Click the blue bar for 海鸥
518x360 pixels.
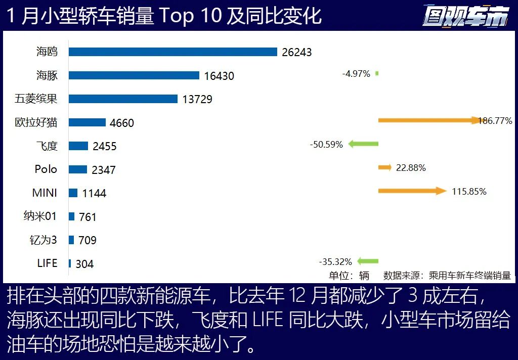(173, 52)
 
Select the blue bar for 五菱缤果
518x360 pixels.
(123, 99)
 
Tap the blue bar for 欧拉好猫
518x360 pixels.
(87, 122)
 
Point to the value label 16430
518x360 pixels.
(219, 76)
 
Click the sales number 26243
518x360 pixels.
(297, 52)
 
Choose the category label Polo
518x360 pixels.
(46, 169)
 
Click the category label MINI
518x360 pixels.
(45, 193)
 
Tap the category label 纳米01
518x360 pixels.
(40, 216)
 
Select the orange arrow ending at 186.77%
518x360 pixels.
(428, 120)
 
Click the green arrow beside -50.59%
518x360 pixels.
(363, 145)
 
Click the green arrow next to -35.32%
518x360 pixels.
(368, 261)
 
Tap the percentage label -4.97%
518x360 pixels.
(356, 74)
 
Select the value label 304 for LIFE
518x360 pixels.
(84, 264)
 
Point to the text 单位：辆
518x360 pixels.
(349, 276)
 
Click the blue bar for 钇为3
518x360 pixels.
(71, 240)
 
